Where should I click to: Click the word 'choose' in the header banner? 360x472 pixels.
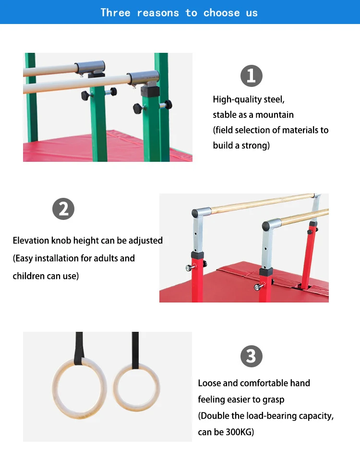(222, 13)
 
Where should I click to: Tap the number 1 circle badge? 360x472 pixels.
(252, 76)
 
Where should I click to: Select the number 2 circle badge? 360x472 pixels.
(63, 209)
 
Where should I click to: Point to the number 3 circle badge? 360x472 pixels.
(251, 357)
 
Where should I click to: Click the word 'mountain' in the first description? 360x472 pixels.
(274, 115)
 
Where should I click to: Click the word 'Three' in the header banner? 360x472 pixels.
(115, 13)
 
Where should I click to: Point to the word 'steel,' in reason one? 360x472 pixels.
(274, 100)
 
